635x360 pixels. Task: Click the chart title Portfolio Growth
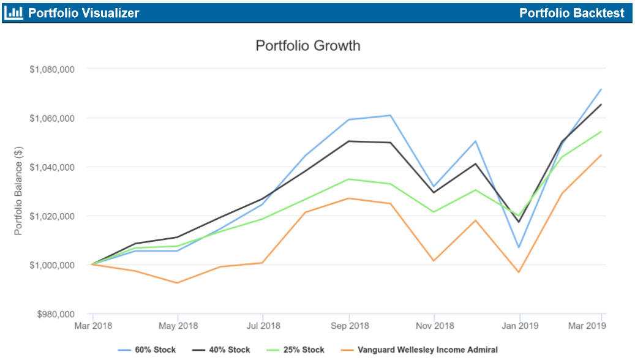pyautogui.click(x=307, y=46)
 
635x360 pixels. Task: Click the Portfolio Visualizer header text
pyautogui.click(x=83, y=13)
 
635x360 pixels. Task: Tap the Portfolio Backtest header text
pyautogui.click(x=571, y=13)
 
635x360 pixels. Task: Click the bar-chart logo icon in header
pyautogui.click(x=13, y=12)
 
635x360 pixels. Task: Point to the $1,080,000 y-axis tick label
pyautogui.click(x=52, y=69)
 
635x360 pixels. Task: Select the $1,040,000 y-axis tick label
pyautogui.click(x=52, y=167)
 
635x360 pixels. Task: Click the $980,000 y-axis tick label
pyautogui.click(x=54, y=314)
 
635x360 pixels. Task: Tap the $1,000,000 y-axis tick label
pyautogui.click(x=52, y=265)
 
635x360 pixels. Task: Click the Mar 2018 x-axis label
pyautogui.click(x=92, y=326)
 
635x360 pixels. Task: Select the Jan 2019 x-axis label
pyautogui.click(x=519, y=326)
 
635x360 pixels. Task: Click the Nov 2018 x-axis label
pyautogui.click(x=434, y=326)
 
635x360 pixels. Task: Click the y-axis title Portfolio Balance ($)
pyautogui.click(x=19, y=191)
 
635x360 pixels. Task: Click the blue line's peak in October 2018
pyautogui.click(x=391, y=115)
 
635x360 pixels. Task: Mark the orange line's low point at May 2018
pyautogui.click(x=177, y=283)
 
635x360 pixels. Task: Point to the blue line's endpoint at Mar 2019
pyautogui.click(x=601, y=89)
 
